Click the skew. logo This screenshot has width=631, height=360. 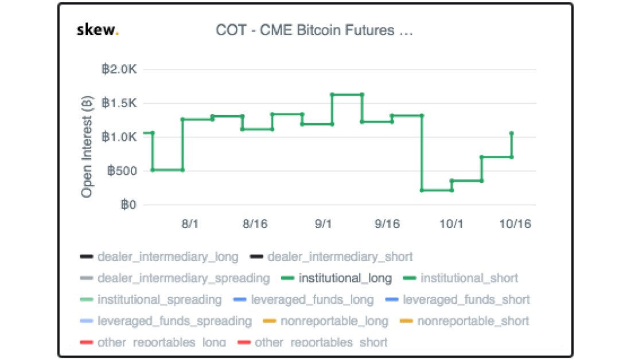coord(98,30)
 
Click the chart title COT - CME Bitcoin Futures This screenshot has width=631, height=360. coord(314,30)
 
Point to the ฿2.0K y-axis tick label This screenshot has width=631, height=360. coord(119,69)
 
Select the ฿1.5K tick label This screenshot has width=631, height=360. coord(119,103)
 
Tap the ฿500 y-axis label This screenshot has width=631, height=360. coord(120,171)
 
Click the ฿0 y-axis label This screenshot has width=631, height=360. coord(127,205)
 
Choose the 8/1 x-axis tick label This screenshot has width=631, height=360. coord(190,224)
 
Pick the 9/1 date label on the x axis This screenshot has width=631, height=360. coord(323,224)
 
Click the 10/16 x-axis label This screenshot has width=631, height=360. coord(515,224)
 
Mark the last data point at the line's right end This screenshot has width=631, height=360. coord(511,134)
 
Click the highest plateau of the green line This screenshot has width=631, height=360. coord(346,94)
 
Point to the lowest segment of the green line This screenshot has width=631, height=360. coord(437,190)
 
